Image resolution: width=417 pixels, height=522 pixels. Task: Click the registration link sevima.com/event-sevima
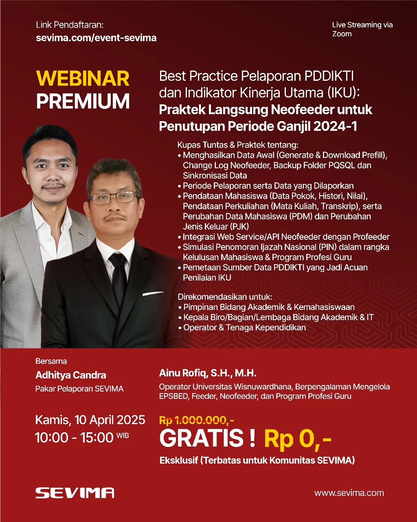click(96, 38)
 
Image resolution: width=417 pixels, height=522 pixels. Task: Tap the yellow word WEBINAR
click(83, 79)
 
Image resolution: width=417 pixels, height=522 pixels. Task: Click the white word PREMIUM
click(83, 102)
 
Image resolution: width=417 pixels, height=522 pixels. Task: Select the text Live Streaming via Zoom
click(362, 29)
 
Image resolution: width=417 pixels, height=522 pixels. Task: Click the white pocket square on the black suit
click(153, 293)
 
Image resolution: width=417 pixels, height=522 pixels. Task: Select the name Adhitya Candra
click(71, 375)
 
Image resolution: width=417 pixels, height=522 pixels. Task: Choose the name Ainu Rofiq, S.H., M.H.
click(208, 373)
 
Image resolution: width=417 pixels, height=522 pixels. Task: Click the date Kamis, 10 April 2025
click(90, 420)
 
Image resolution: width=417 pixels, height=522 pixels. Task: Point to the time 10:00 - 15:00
click(74, 438)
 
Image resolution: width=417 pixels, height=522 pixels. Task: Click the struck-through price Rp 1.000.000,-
click(196, 420)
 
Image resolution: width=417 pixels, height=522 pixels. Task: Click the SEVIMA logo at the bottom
click(75, 493)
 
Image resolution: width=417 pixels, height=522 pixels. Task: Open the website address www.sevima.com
click(349, 493)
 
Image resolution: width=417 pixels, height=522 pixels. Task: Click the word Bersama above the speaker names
click(51, 361)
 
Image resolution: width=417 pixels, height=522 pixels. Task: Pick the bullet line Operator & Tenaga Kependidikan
click(244, 327)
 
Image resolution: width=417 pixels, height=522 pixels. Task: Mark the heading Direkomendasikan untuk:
click(225, 296)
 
